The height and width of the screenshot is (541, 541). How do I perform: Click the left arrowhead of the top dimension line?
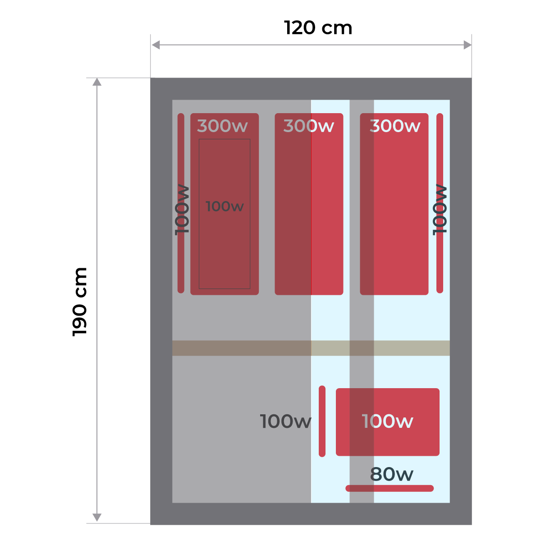(156, 45)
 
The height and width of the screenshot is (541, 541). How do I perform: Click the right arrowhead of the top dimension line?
(468, 45)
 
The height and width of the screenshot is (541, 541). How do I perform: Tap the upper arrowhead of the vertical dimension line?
(97, 82)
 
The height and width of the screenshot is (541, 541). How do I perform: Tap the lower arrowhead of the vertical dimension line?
(97, 518)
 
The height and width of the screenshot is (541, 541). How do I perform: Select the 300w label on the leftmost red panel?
(222, 126)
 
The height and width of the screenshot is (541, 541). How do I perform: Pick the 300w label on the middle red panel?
(308, 126)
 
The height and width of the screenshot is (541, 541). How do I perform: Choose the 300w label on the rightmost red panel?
(395, 126)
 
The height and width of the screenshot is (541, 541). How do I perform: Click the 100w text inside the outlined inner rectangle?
(225, 206)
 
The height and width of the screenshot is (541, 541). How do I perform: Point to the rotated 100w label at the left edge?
(182, 210)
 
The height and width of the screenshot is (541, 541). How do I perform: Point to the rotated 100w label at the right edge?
(440, 210)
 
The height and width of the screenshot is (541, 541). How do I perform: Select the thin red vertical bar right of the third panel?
(440, 261)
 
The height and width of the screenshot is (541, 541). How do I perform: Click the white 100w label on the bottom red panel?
(387, 422)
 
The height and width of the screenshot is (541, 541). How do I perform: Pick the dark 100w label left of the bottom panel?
(285, 422)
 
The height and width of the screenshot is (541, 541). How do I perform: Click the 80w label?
(391, 474)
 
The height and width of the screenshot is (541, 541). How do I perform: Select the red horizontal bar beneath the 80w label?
(390, 488)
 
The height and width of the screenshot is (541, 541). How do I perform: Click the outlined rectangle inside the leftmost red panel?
(225, 252)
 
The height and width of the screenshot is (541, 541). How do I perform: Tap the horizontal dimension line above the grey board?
(311, 45)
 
